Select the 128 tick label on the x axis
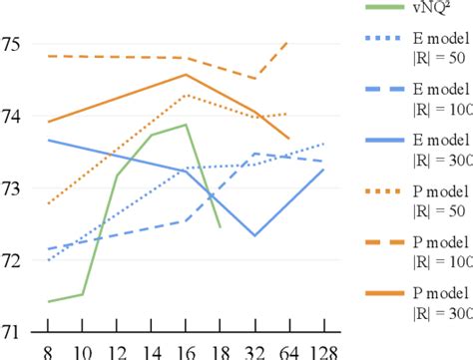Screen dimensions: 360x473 tap(324, 351)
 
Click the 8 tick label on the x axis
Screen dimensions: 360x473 tap(48, 351)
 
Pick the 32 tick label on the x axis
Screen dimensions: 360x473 tap(254, 351)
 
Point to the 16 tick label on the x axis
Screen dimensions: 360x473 tap(185, 351)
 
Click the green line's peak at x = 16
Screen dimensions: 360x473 tap(186, 125)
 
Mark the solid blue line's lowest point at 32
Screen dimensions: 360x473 tap(254, 235)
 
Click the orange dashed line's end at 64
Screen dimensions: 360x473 tap(288, 42)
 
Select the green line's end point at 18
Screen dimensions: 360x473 tap(220, 226)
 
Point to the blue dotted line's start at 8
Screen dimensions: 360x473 tap(48, 260)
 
